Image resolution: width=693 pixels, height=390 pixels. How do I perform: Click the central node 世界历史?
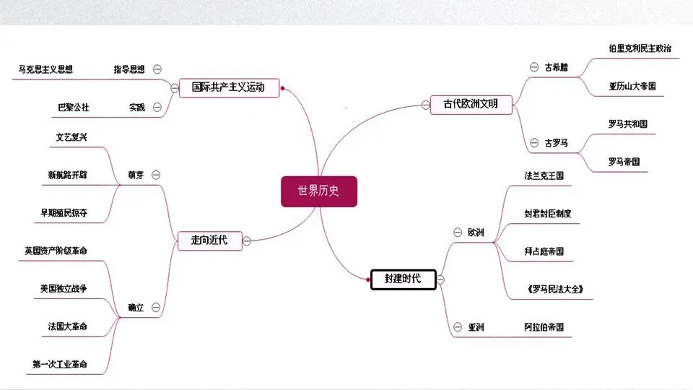pyautogui.click(x=318, y=191)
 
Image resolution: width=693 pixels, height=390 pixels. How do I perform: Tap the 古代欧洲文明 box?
pyautogui.click(x=470, y=104)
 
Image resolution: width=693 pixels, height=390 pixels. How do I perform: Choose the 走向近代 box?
pyautogui.click(x=209, y=240)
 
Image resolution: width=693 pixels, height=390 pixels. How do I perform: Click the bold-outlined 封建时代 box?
pyautogui.click(x=403, y=279)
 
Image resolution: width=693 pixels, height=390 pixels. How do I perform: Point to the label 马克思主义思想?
pyautogui.click(x=45, y=70)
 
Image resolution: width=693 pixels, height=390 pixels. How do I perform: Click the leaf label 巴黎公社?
pyautogui.click(x=73, y=108)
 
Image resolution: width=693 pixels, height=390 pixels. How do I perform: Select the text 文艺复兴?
pyautogui.click(x=71, y=137)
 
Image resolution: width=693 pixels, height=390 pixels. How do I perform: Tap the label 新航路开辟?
pyautogui.click(x=67, y=175)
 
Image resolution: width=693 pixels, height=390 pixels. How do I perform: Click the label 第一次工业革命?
pyautogui.click(x=60, y=365)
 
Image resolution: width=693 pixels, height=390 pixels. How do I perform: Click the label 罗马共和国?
pyautogui.click(x=628, y=123)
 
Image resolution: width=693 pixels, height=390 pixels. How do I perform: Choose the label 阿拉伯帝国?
pyautogui.click(x=544, y=327)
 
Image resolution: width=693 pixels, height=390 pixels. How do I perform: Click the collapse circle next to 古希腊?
pyautogui.click(x=533, y=67)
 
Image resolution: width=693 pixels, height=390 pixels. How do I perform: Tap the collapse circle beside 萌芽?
pyautogui.click(x=157, y=175)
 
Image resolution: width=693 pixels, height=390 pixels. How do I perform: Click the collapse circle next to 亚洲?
pyautogui.click(x=457, y=327)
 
